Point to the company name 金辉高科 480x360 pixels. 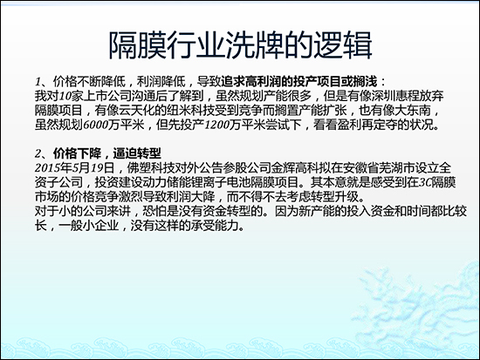(x=304, y=168)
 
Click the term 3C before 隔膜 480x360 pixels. (x=416, y=184)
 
